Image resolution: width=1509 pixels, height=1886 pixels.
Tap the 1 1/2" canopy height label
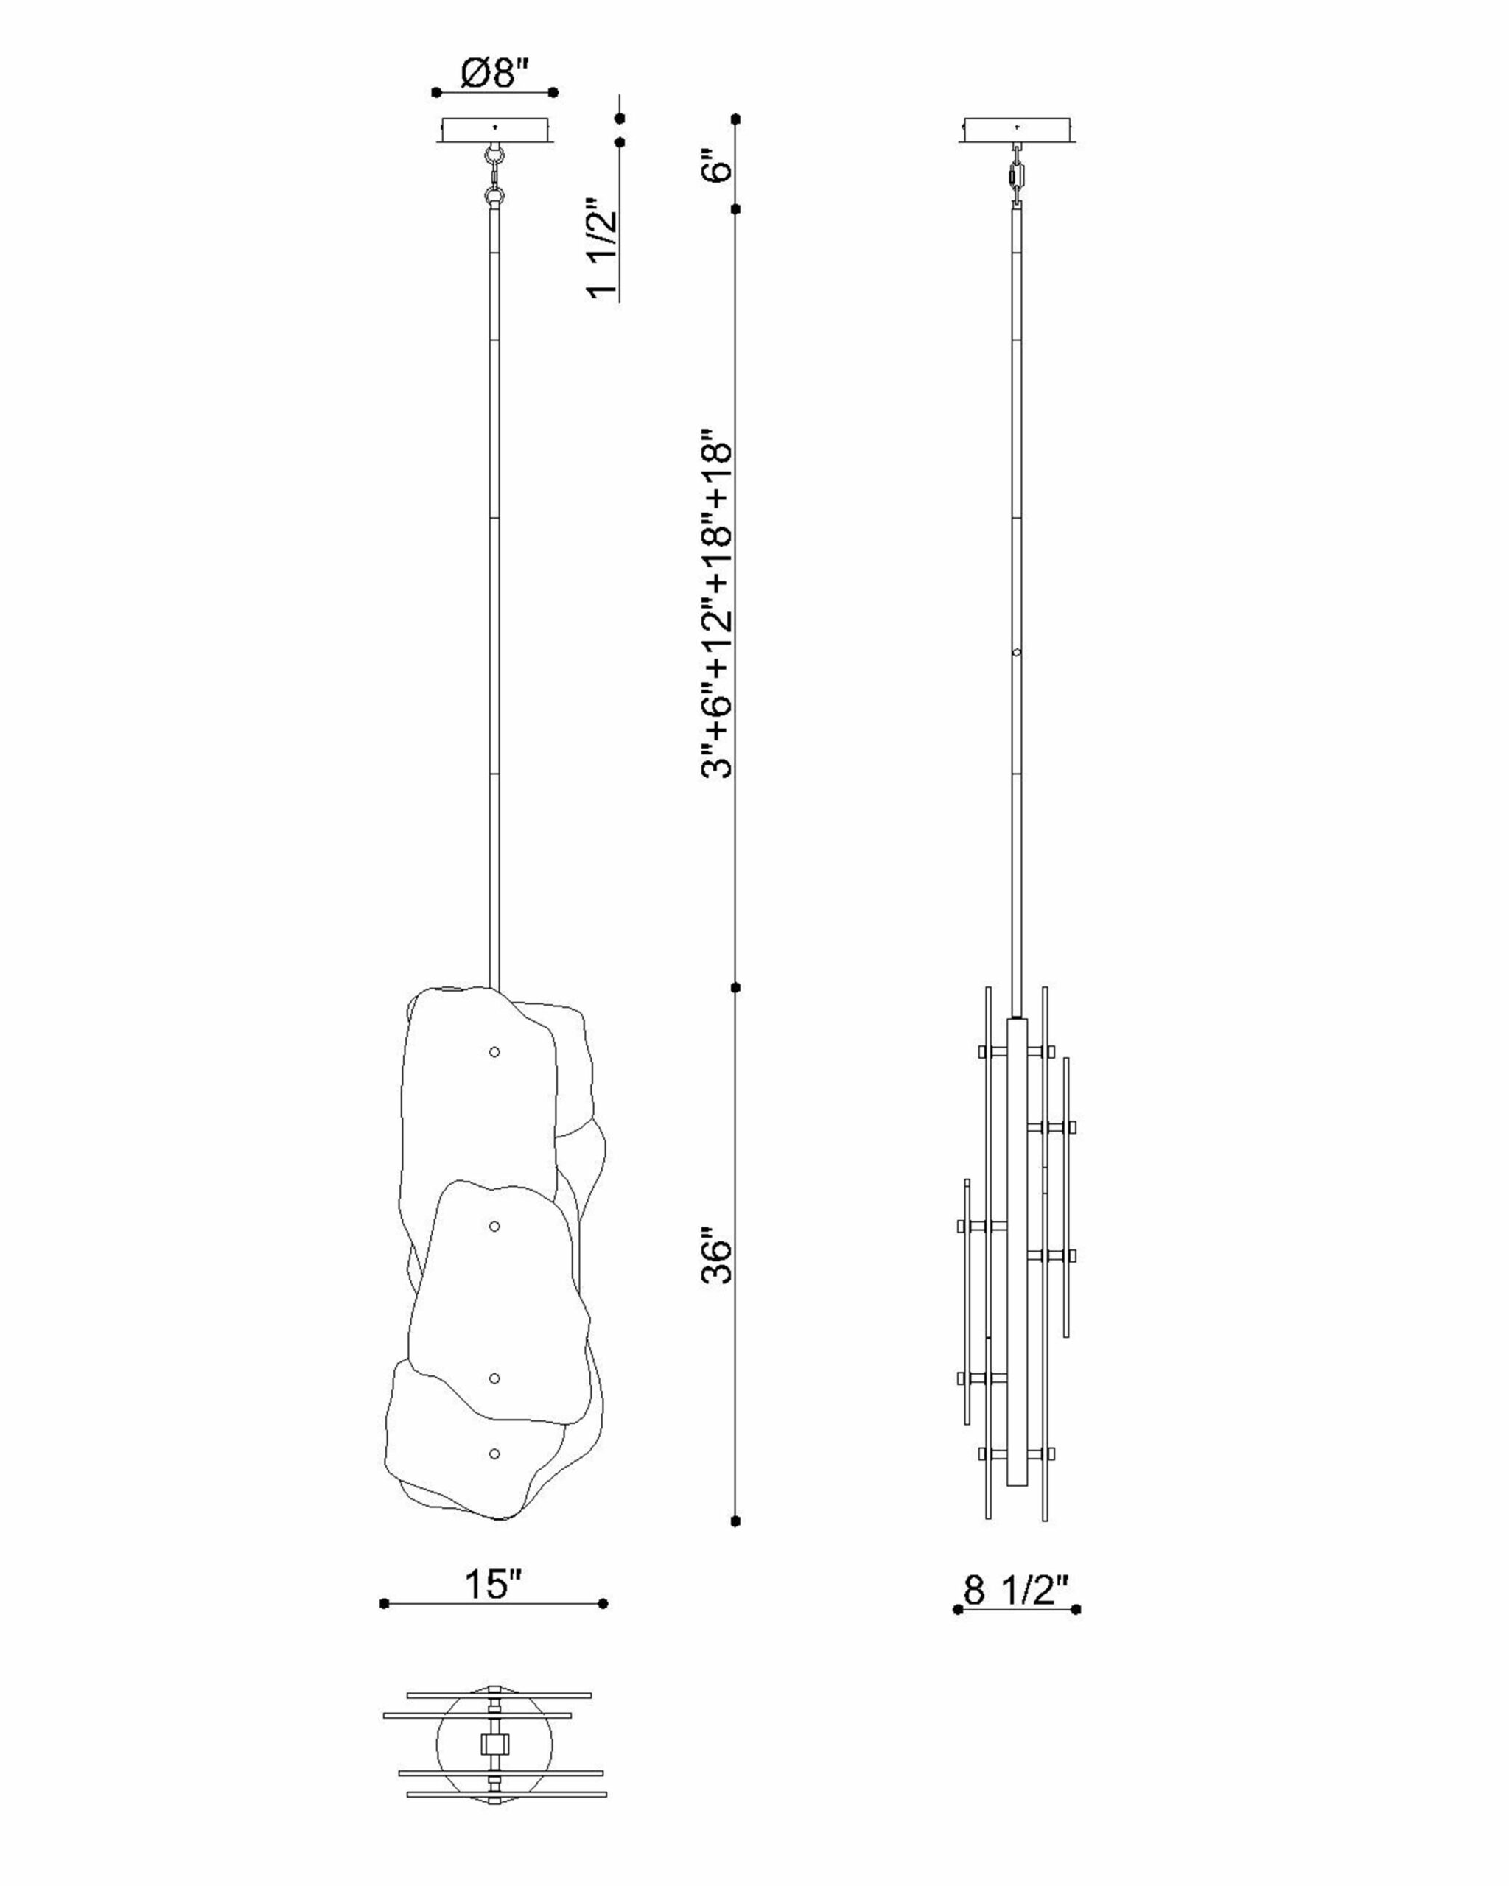602,248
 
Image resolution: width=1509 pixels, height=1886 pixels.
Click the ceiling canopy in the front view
496,130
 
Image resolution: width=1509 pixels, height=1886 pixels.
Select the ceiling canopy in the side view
1018,130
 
